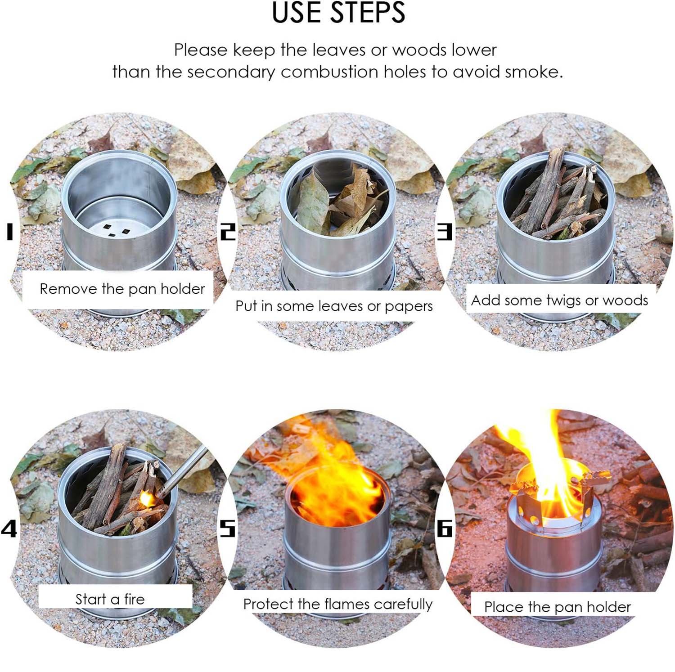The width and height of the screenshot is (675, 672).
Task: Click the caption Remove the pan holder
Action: (122, 289)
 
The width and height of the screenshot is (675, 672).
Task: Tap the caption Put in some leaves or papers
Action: (334, 306)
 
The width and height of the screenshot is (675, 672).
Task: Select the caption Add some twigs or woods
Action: (559, 300)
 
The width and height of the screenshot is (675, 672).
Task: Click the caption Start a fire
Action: (110, 599)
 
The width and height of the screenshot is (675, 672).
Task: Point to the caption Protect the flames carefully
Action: (337, 604)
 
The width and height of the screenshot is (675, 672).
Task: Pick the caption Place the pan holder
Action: (557, 607)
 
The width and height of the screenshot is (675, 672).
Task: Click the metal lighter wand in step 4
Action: (184, 470)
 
